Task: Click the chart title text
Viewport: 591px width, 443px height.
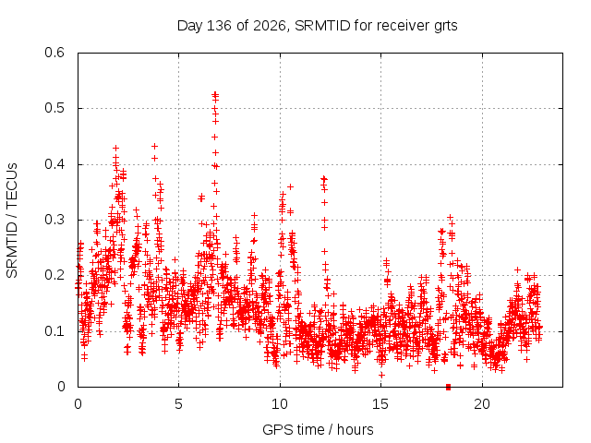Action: tap(317, 26)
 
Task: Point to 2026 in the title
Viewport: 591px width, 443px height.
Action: tap(270, 26)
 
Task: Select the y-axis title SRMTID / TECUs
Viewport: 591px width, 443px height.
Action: tap(12, 221)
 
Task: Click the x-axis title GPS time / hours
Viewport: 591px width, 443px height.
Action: tap(318, 429)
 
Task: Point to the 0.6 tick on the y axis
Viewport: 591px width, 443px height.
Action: tap(54, 53)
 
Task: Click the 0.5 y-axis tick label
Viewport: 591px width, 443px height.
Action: tap(54, 108)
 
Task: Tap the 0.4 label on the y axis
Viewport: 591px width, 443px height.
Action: tap(54, 164)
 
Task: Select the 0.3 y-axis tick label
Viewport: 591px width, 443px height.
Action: tap(54, 220)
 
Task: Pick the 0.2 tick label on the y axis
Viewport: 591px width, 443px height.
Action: tap(54, 275)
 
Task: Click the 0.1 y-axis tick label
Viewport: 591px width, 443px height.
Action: tap(54, 331)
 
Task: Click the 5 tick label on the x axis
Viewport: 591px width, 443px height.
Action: tap(178, 404)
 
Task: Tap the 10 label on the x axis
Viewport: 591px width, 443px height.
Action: tap(280, 404)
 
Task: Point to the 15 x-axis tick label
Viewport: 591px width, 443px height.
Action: tap(380, 404)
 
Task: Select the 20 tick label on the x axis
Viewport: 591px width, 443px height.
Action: tap(482, 404)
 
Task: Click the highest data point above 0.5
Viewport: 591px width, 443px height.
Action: tap(215, 93)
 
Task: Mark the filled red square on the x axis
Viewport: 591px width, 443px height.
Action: tap(448, 387)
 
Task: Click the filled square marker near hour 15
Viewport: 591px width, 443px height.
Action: tap(387, 281)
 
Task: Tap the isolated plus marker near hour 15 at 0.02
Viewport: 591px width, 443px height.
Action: tap(381, 375)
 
